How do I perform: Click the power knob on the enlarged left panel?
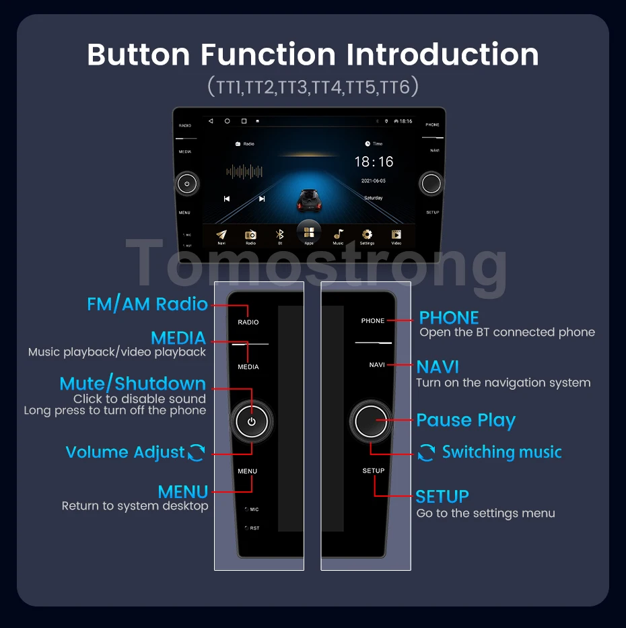pos(252,422)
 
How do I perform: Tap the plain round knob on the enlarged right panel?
pos(371,421)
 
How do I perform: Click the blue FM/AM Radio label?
pos(147,304)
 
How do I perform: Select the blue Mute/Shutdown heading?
pos(133,384)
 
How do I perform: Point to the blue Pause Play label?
pos(466,421)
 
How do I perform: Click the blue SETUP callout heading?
pos(442,497)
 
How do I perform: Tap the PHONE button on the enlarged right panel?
pos(373,320)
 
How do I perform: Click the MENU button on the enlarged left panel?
pos(247,471)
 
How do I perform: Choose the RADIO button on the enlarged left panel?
pos(248,322)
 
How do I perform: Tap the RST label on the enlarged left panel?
pos(254,528)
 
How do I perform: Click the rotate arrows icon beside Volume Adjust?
pos(196,452)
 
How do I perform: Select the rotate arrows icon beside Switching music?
pos(426,452)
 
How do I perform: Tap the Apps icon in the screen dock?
pos(309,232)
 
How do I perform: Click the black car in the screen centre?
pos(309,200)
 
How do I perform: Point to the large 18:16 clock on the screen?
pos(374,162)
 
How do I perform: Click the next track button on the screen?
pos(262,199)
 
